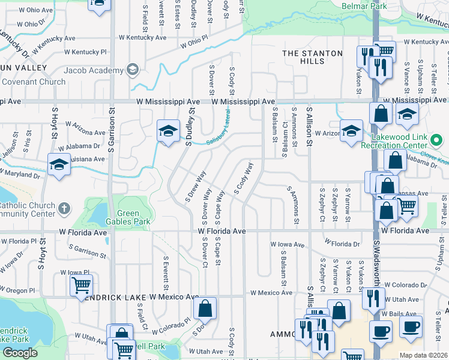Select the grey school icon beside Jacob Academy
133,70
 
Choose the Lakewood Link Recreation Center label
395,142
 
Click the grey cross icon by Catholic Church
65,209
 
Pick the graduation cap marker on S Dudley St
168,130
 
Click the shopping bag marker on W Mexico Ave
205,309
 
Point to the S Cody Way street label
243,179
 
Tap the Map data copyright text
424,355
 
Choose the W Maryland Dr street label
20,172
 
